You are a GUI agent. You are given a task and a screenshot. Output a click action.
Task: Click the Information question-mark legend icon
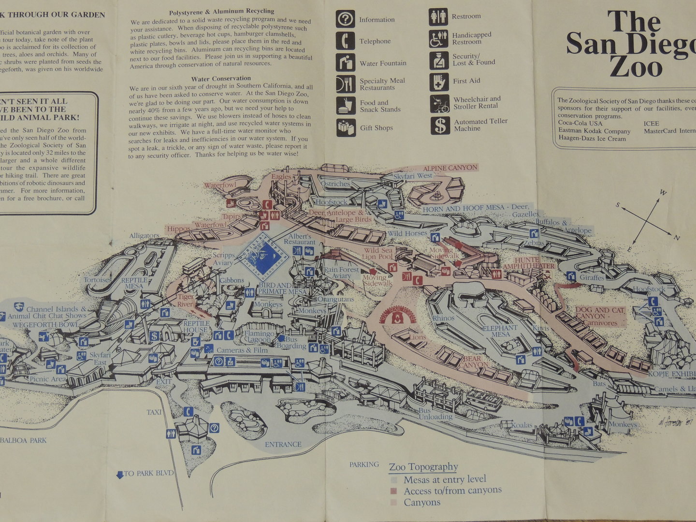click(345, 19)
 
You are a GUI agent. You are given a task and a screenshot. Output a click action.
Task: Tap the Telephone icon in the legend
click(345, 41)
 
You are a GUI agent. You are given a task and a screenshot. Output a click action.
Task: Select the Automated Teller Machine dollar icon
click(440, 125)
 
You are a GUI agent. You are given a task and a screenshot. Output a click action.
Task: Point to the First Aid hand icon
click(439, 81)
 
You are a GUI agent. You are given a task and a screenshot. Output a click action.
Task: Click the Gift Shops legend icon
click(346, 128)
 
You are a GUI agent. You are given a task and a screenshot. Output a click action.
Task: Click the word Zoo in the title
click(635, 67)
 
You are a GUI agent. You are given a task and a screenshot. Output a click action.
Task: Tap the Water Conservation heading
click(221, 78)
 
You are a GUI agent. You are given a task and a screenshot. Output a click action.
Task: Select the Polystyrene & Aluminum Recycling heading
click(221, 11)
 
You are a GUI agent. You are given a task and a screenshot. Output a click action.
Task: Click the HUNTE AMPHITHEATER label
click(527, 263)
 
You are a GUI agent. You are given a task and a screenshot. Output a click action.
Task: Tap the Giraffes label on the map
click(592, 278)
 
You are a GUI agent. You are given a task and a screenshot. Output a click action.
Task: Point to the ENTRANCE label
click(283, 444)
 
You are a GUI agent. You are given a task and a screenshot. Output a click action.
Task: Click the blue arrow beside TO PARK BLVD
click(120, 475)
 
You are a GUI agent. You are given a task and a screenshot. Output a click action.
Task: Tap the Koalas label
click(522, 426)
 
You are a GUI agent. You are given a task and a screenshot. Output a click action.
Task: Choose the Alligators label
click(144, 236)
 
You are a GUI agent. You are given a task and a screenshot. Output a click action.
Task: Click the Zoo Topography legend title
click(423, 467)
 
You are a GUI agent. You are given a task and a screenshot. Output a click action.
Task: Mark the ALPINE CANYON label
click(450, 168)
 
